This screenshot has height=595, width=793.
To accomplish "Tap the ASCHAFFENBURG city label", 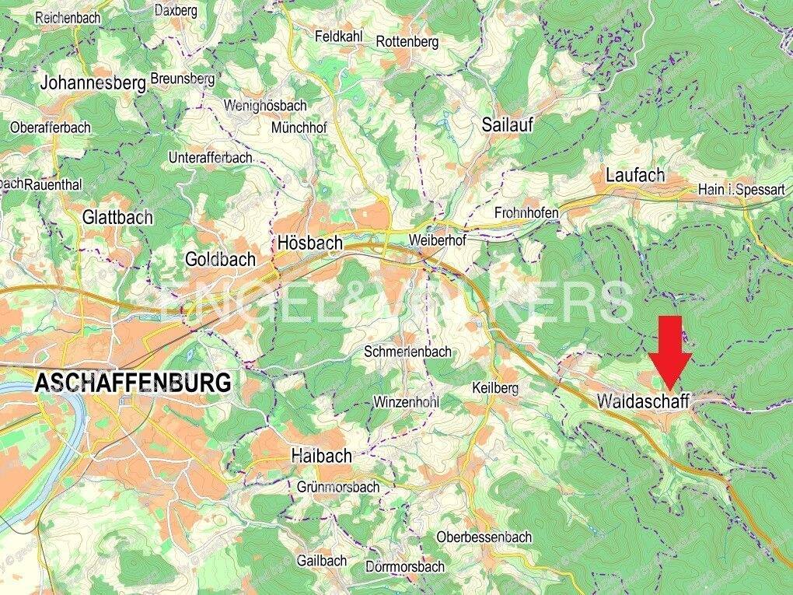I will [133, 383].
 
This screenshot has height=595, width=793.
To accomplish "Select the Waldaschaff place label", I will [644, 401].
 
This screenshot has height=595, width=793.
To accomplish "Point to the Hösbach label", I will [309, 243].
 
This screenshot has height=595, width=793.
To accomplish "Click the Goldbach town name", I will [220, 259].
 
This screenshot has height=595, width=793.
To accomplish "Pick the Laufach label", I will [636, 176].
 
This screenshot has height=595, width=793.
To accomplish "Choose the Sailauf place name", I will [507, 124].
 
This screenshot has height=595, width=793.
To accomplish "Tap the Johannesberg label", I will [93, 83].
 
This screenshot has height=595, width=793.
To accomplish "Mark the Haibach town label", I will [321, 456].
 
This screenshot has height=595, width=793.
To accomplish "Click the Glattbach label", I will [117, 217].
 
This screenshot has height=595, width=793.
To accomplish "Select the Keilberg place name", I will [495, 387].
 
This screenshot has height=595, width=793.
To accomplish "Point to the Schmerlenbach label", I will [407, 352].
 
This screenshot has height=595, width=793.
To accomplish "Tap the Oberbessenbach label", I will [484, 537].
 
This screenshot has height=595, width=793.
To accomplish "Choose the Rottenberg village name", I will [407, 41].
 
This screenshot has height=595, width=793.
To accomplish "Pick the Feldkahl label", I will [340, 37].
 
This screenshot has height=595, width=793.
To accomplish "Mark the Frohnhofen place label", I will [526, 212].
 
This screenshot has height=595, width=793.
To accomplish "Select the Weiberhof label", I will [437, 241].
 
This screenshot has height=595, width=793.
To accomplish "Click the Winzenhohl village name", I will [407, 402].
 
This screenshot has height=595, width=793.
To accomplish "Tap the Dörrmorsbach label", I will [405, 566].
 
